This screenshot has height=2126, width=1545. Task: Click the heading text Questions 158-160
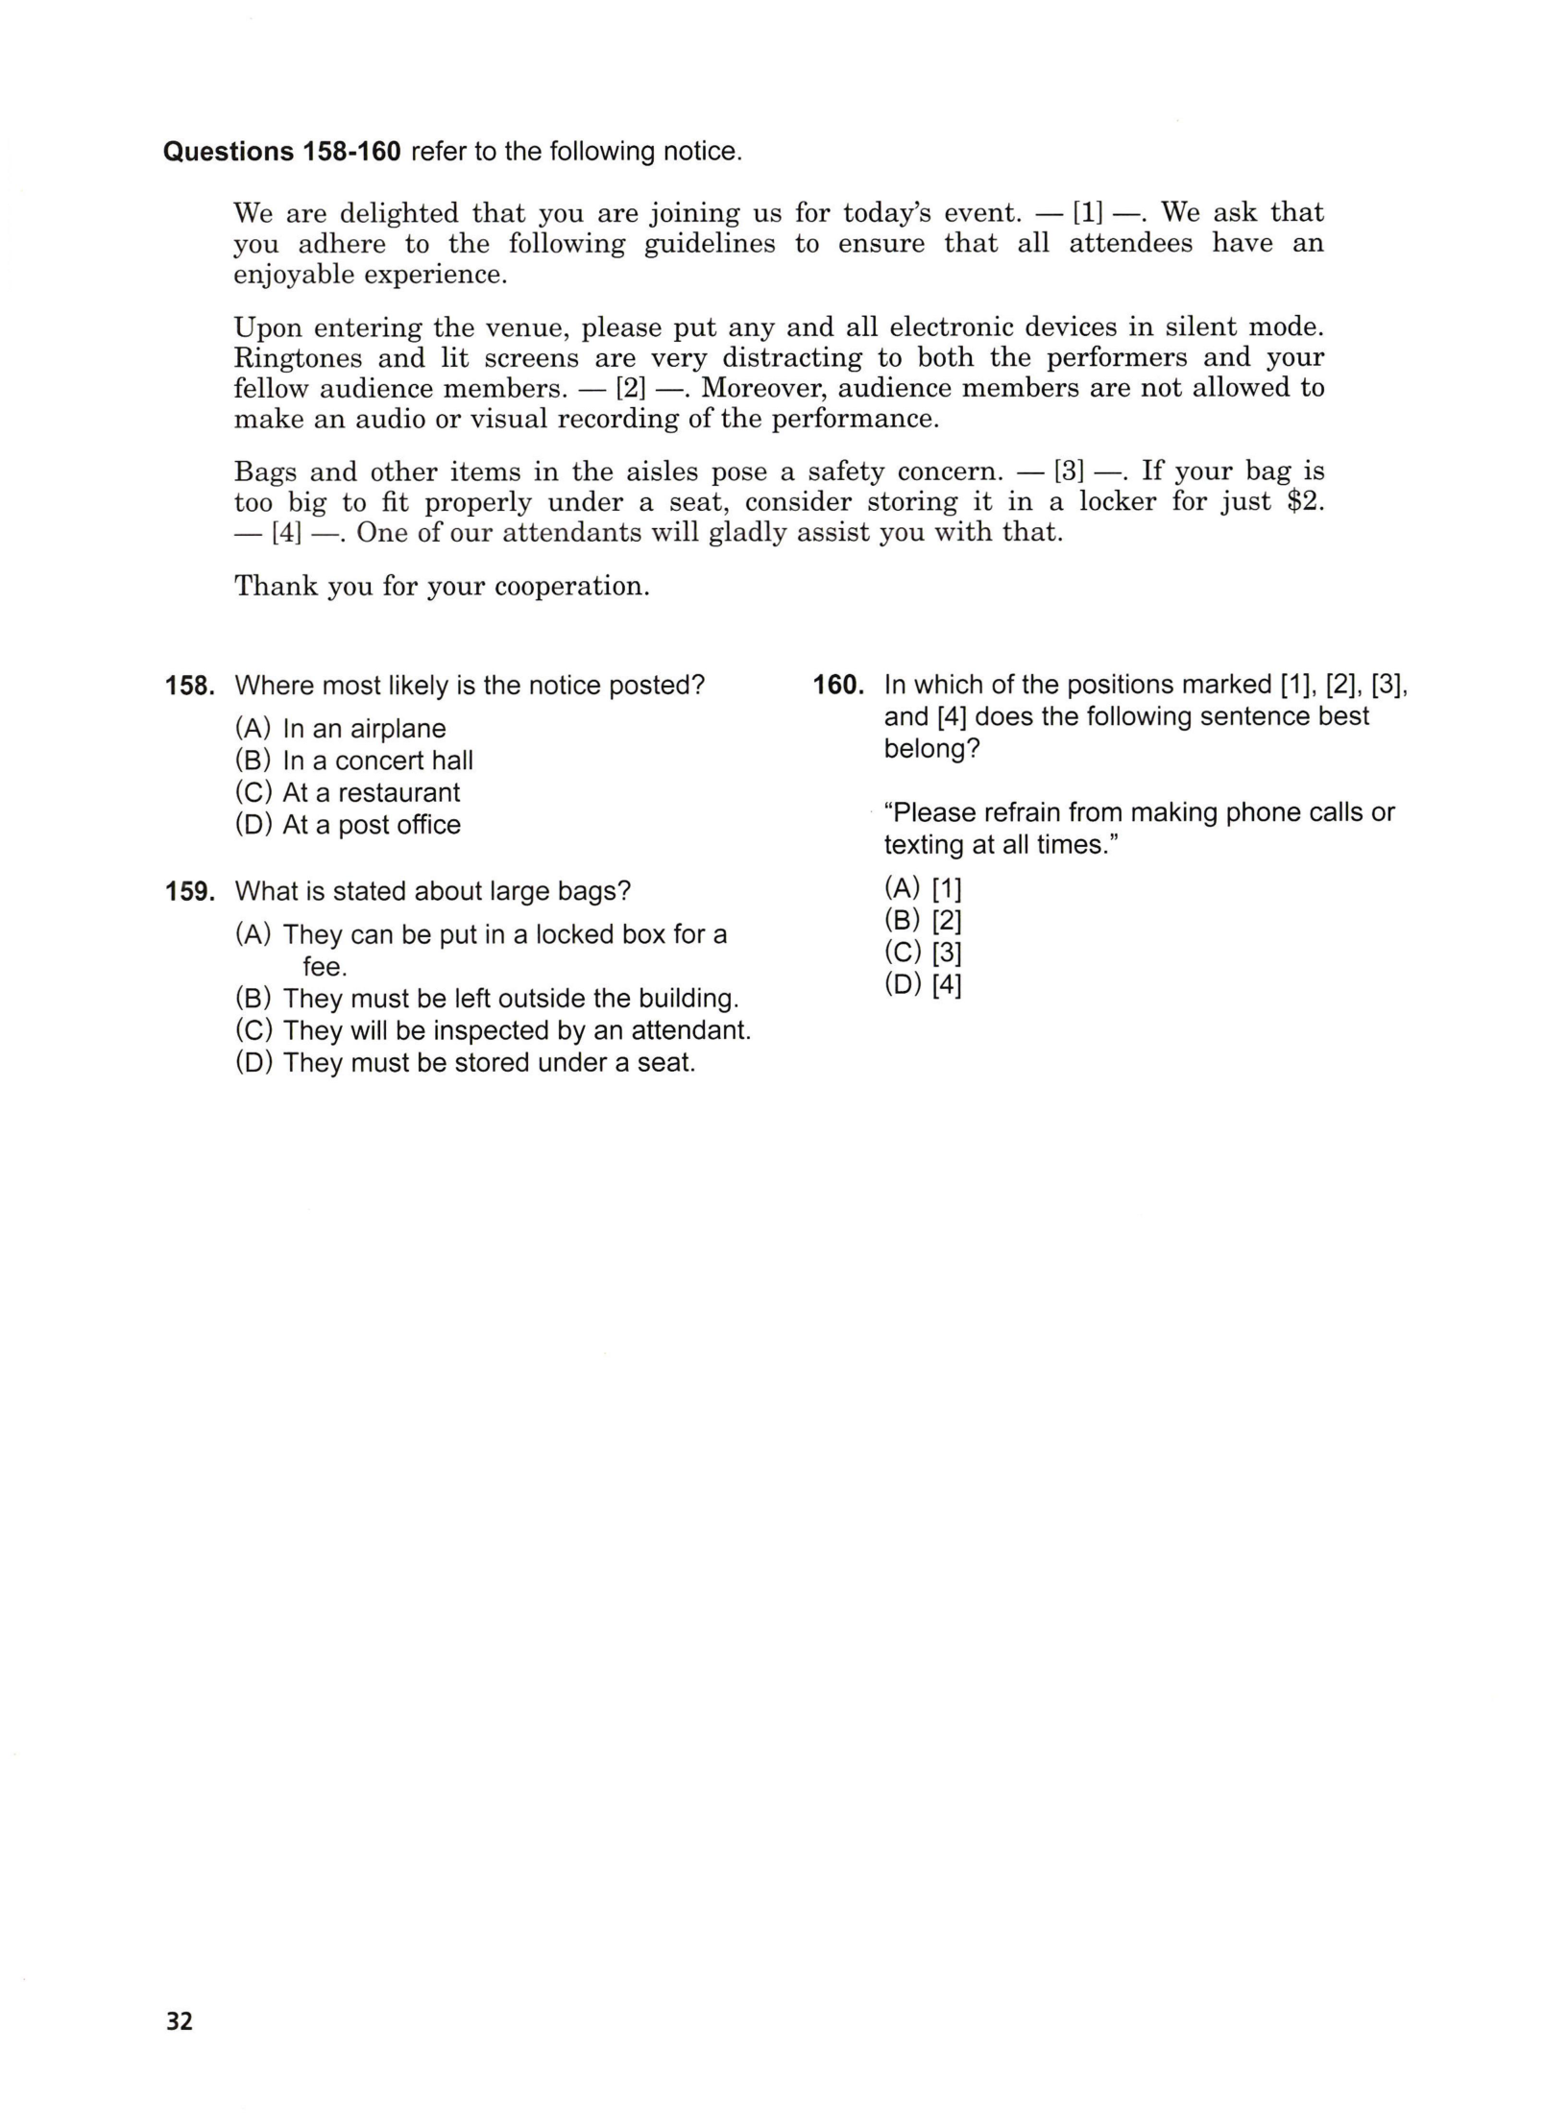click(281, 152)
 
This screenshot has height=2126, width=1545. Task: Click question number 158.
click(187, 686)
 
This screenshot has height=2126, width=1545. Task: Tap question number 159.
click(187, 891)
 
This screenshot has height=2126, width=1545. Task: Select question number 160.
click(838, 685)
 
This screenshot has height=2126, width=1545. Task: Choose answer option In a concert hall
click(377, 761)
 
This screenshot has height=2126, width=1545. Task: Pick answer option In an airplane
click(364, 729)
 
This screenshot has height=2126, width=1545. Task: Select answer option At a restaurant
click(371, 792)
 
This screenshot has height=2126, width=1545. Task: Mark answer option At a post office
click(372, 825)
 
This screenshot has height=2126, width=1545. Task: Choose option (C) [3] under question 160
click(923, 953)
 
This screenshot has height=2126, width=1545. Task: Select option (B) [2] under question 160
click(923, 920)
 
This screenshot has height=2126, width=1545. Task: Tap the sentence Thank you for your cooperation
click(442, 586)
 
